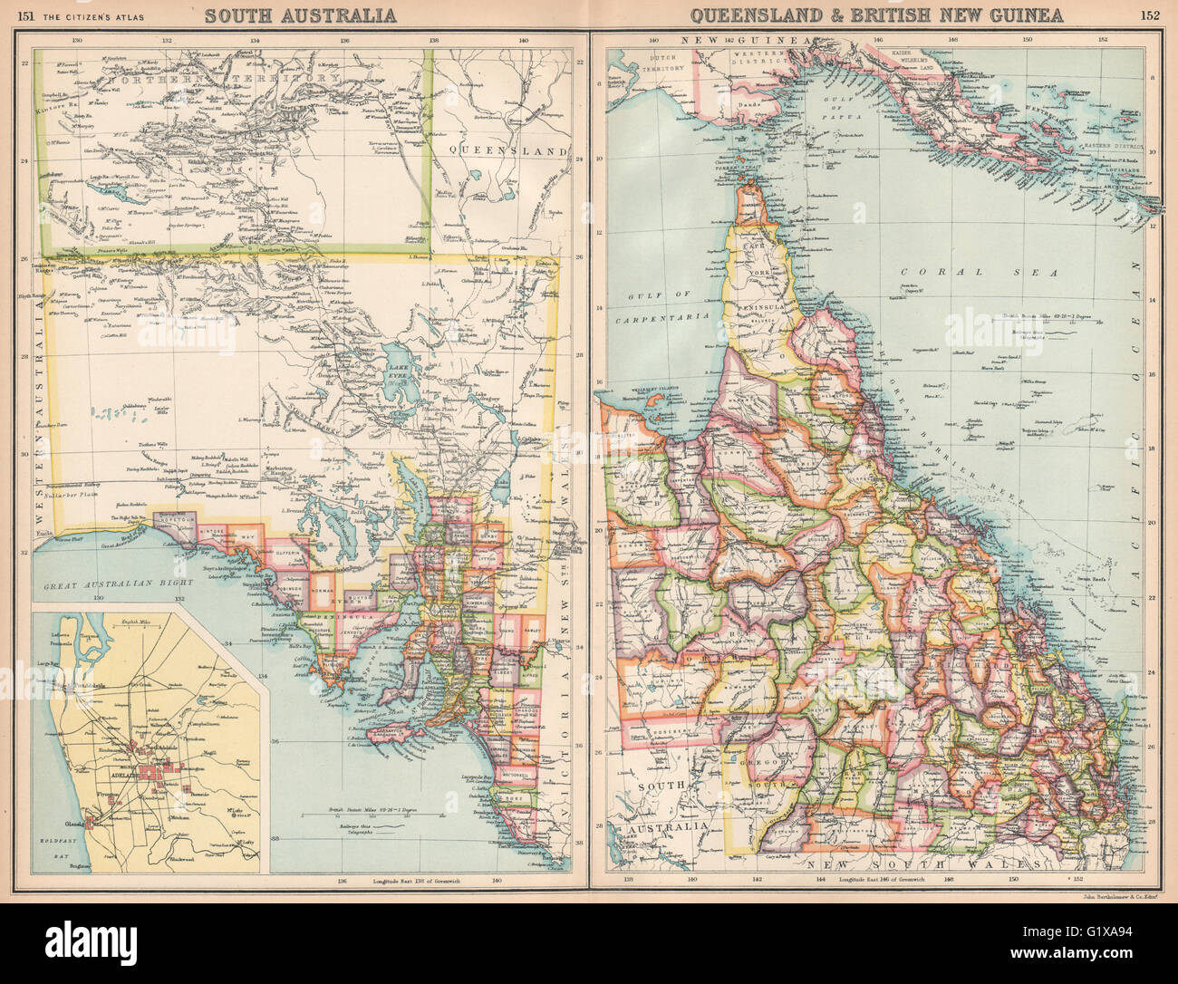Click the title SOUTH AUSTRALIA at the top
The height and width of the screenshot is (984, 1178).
point(300,14)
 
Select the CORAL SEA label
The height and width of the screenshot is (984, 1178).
point(948,271)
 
